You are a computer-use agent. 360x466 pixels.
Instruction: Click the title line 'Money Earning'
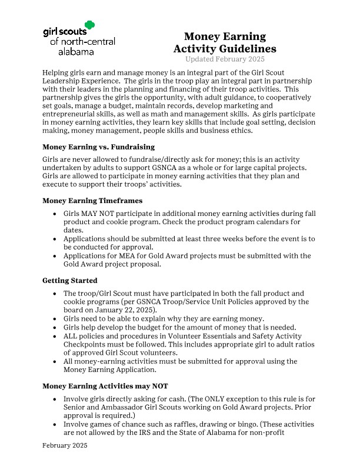(x=224, y=37)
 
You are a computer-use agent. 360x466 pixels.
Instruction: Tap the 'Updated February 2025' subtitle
(x=224, y=59)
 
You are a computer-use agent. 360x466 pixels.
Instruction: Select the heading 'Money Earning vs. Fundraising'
(x=98, y=147)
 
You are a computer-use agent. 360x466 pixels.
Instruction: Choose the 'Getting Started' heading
(x=70, y=281)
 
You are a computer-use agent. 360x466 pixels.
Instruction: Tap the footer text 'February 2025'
(x=65, y=446)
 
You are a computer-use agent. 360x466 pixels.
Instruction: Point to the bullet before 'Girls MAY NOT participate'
(x=55, y=214)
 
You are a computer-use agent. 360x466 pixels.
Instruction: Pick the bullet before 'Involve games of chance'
(x=55, y=424)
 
